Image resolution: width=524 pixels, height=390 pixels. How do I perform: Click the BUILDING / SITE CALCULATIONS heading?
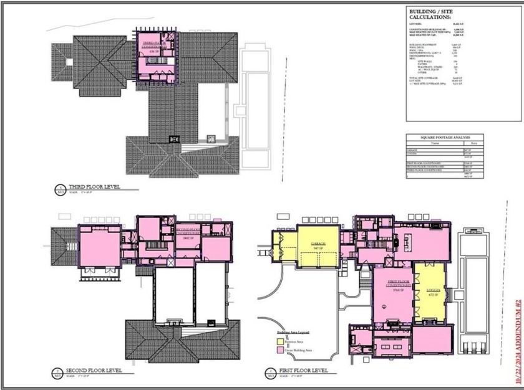point(431,15)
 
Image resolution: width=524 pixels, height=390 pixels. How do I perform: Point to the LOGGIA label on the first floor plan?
point(432,290)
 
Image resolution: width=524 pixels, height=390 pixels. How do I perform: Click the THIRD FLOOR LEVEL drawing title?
point(94,186)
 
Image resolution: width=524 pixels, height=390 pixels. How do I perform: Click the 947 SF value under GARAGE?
point(319,248)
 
